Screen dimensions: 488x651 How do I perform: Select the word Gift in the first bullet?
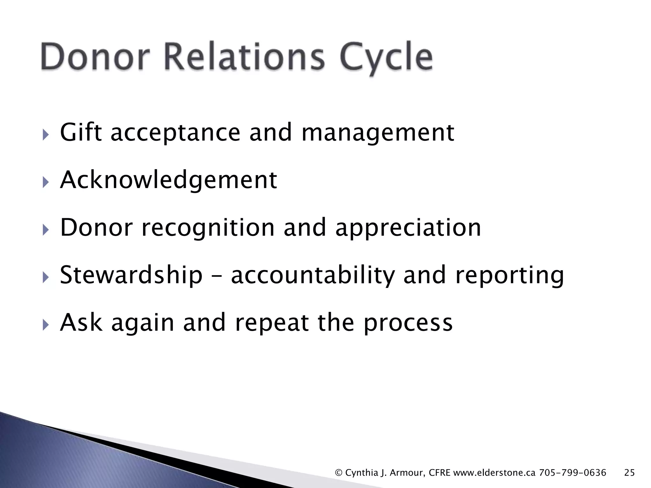(81, 132)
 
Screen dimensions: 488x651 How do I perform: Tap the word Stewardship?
(131, 275)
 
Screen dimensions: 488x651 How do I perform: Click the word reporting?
(509, 275)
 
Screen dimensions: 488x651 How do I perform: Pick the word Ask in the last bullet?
(81, 322)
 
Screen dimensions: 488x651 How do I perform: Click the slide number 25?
(629, 473)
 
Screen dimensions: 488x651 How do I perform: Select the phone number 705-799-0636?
(572, 473)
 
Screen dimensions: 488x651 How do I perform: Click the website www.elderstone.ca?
(494, 473)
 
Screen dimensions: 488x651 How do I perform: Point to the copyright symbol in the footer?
(339, 473)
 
